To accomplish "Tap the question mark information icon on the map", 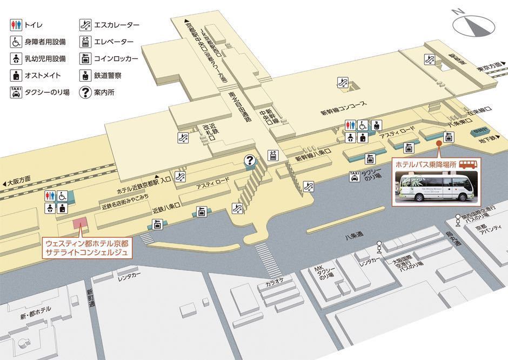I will coord(250,160).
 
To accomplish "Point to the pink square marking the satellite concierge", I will coord(79,223).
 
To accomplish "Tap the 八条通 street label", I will coord(353,236).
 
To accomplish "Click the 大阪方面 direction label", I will coord(19,183).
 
